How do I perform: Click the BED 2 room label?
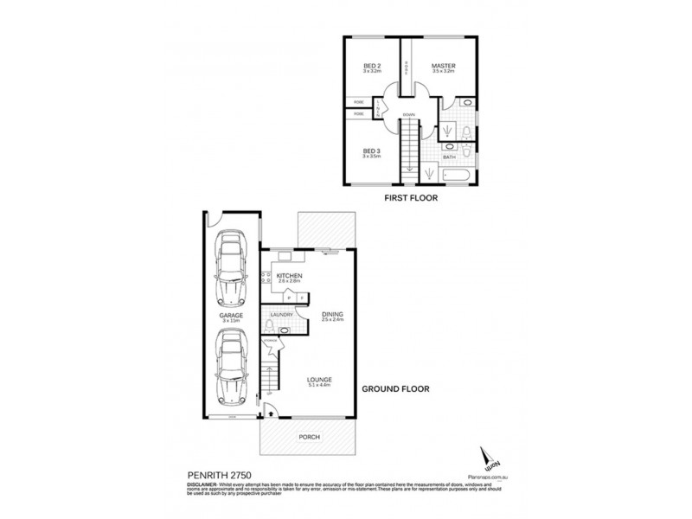(x=372, y=67)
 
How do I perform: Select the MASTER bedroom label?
(x=445, y=67)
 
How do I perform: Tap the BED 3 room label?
(x=372, y=151)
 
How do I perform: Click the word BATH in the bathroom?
(x=449, y=157)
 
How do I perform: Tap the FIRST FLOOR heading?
(x=409, y=198)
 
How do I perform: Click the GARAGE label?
(x=231, y=316)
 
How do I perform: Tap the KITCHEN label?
(x=289, y=275)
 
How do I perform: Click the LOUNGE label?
(x=319, y=380)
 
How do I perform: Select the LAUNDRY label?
(x=282, y=315)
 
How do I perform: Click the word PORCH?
(x=308, y=437)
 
